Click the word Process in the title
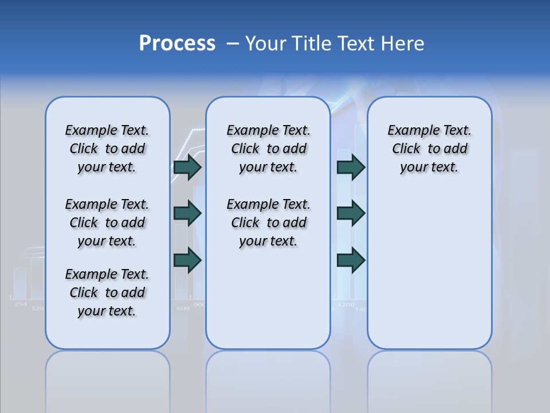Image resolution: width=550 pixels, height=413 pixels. [x=177, y=43]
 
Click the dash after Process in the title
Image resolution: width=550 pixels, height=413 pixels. [x=231, y=44]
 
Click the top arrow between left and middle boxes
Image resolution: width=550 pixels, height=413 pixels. [x=187, y=167]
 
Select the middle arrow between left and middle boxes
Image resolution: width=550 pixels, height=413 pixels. [x=187, y=214]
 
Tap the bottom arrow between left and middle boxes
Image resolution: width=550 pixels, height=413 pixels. [x=187, y=261]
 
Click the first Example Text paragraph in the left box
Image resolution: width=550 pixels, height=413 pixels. [x=107, y=149]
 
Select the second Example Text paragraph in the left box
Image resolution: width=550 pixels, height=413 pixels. [x=107, y=223]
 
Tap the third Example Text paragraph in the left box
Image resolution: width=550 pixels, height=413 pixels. [x=107, y=293]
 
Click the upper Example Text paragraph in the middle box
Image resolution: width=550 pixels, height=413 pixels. [x=268, y=149]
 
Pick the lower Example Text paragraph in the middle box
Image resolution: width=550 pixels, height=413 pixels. [x=268, y=223]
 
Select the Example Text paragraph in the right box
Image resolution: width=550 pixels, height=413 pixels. [x=429, y=149]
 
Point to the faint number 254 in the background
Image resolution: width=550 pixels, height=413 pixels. [x=21, y=303]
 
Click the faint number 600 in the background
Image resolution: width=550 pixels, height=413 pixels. [x=182, y=308]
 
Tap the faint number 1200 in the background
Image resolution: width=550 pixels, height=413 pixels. [x=346, y=304]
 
